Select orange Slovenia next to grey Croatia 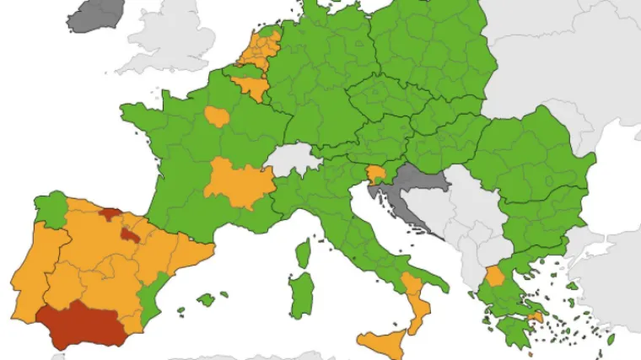[376, 175]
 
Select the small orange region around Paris [217, 116]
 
